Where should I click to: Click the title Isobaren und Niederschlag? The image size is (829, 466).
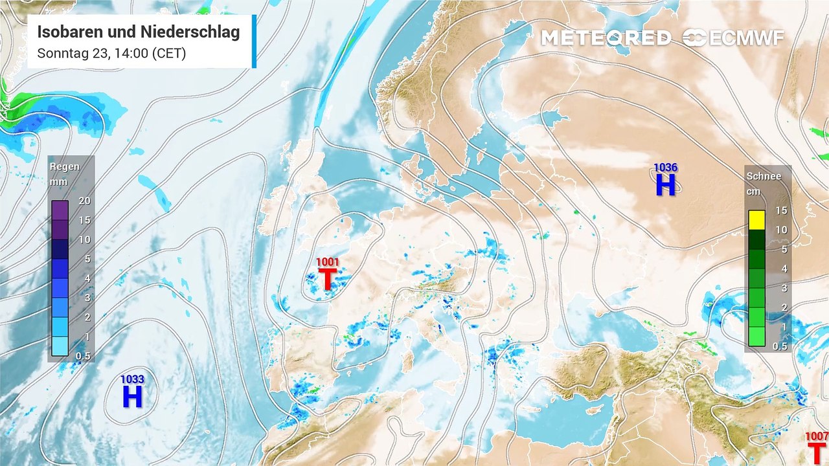pyautogui.click(x=139, y=32)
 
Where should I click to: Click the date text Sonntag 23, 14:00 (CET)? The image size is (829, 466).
pyautogui.click(x=111, y=53)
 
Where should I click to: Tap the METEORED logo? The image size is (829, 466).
pyautogui.click(x=606, y=38)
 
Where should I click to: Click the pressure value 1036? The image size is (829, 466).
pyautogui.click(x=665, y=168)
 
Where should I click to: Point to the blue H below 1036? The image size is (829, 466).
pyautogui.click(x=665, y=185)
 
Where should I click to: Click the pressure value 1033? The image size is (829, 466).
pyautogui.click(x=132, y=379)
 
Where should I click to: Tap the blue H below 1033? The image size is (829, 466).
pyautogui.click(x=132, y=397)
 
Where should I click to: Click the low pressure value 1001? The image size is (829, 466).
pyautogui.click(x=327, y=262)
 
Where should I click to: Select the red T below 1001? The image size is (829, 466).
pyautogui.click(x=327, y=279)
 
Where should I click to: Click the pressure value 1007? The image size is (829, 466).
pyautogui.click(x=816, y=436)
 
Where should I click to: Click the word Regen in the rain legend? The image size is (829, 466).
pyautogui.click(x=65, y=166)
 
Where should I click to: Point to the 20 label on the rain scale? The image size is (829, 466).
pyautogui.click(x=84, y=201)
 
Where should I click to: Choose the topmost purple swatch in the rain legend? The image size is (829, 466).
pyautogui.click(x=60, y=210)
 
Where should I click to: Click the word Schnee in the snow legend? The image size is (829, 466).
pyautogui.click(x=764, y=176)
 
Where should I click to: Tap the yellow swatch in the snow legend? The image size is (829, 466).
pyautogui.click(x=756, y=220)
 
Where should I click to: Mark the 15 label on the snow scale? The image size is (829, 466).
pyautogui.click(x=780, y=210)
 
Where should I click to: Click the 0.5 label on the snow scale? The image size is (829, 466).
pyautogui.click(x=780, y=346)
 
